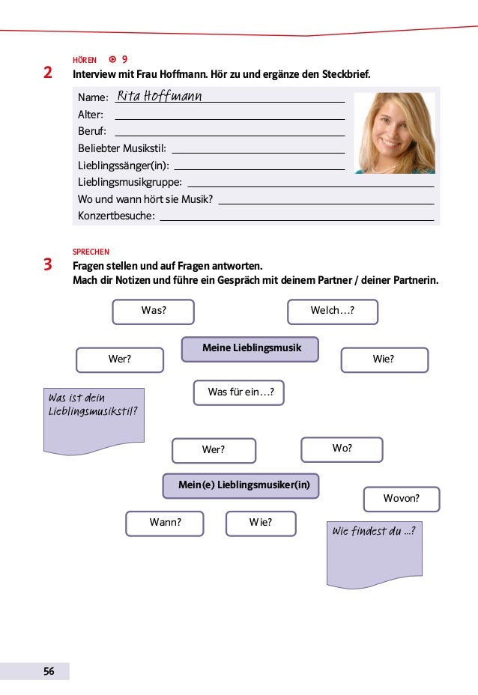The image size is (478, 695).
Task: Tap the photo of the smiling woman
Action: tap(393, 133)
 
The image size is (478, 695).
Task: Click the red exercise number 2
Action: tap(48, 73)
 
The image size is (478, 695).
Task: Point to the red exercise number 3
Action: tap(48, 264)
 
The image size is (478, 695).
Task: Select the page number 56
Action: tap(48, 671)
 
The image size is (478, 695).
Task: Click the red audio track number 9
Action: tap(124, 58)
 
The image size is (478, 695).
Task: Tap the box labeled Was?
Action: tap(154, 311)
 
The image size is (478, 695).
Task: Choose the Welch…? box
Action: tap(333, 311)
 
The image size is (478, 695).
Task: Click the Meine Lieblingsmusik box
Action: tap(250, 348)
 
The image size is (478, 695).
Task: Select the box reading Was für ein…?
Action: tap(239, 392)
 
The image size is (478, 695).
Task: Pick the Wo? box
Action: tap(342, 449)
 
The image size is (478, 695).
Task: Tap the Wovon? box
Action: tap(401, 498)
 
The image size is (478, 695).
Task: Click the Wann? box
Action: tap(165, 523)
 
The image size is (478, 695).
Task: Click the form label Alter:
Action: tap(91, 115)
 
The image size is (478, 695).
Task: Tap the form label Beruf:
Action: tap(92, 131)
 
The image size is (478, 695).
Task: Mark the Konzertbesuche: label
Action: tap(116, 216)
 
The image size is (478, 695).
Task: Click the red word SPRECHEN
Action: tap(91, 252)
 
